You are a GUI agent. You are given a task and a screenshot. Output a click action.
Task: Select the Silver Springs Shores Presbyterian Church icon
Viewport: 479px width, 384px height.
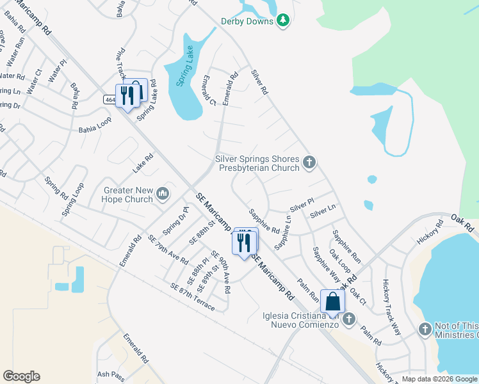[309, 163]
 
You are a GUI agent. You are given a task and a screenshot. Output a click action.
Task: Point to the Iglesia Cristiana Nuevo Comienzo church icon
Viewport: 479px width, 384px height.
[349, 319]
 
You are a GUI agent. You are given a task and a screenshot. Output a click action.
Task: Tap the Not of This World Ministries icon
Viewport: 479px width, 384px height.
[425, 330]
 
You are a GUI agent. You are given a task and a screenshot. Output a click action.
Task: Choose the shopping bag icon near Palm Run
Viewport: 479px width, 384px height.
[333, 301]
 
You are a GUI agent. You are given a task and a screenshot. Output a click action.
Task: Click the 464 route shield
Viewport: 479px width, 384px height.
[109, 99]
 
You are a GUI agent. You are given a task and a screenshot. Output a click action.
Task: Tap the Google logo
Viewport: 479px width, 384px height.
[21, 376]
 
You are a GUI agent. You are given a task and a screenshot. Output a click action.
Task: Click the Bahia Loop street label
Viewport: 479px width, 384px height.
[95, 124]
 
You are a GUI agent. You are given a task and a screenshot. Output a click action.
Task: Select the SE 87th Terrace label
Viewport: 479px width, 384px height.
[192, 297]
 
